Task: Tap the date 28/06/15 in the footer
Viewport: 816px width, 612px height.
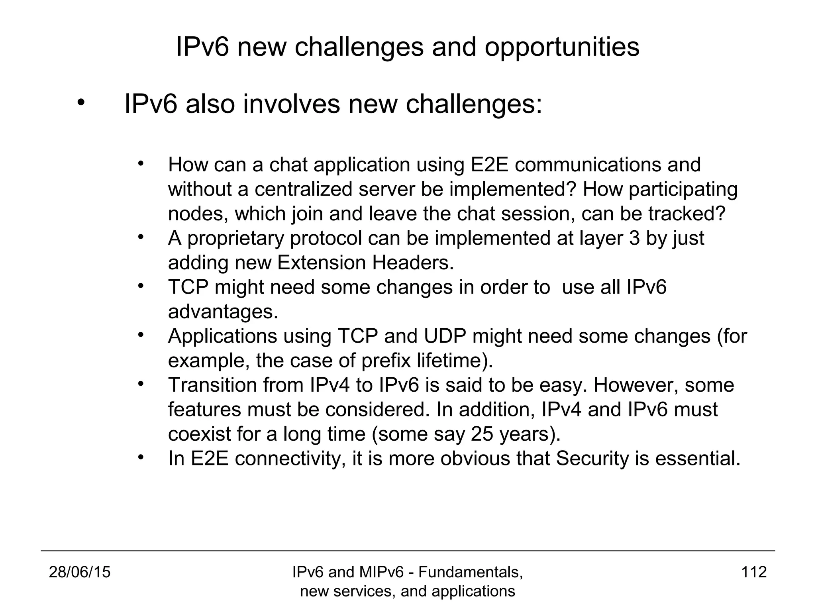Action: [80, 572]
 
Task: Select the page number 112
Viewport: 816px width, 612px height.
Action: [754, 572]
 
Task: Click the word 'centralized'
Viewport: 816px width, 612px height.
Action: [304, 190]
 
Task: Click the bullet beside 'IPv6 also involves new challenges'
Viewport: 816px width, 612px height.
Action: [81, 103]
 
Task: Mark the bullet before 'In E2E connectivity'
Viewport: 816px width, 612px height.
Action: [140, 457]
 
